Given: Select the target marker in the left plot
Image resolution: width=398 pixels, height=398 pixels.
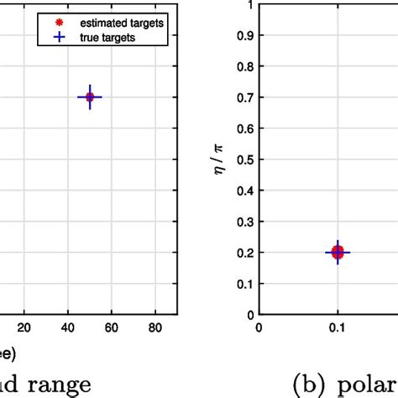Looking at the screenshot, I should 90,97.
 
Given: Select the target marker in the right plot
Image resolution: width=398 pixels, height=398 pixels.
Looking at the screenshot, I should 338,252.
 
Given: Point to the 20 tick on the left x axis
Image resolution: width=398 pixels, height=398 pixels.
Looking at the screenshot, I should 24,328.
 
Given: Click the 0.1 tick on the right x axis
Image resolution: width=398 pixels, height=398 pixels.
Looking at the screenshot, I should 338,328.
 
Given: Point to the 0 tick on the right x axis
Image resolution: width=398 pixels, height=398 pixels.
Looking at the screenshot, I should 259,328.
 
